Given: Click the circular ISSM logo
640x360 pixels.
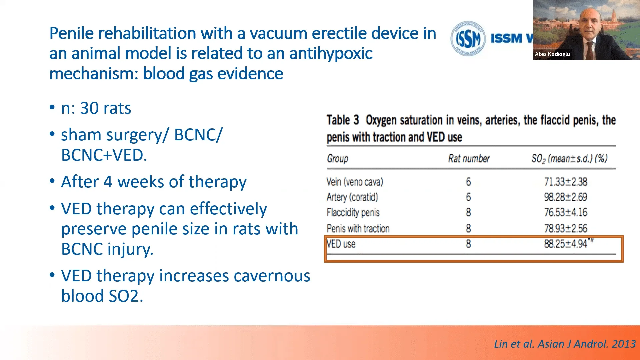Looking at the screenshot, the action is point(468,38).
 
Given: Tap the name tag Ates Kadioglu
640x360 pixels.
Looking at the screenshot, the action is point(552,54).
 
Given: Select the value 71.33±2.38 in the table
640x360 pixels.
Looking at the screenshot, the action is point(566,182).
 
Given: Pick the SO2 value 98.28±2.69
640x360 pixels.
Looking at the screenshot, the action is point(566,197).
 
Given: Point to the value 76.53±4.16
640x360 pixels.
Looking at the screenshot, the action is point(566,212).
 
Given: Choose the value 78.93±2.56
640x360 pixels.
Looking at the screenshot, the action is point(566,228).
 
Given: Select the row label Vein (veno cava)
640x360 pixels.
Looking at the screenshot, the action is point(355,182).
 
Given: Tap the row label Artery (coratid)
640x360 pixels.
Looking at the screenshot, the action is point(352,197).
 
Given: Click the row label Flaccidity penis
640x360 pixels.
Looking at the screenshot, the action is point(353,212).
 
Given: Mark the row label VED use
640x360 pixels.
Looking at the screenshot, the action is point(341,244).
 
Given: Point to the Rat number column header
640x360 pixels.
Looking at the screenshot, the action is point(469,158).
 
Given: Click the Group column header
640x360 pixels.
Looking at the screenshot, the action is point(337,158).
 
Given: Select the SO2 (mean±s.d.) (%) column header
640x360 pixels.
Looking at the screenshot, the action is point(569,159).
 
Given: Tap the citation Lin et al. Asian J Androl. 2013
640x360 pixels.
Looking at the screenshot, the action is point(565,344).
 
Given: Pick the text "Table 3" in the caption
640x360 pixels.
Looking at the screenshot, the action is point(343,120).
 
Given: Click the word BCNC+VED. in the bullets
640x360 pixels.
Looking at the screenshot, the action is point(104,155).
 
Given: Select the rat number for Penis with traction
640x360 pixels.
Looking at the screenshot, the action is point(468,228).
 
